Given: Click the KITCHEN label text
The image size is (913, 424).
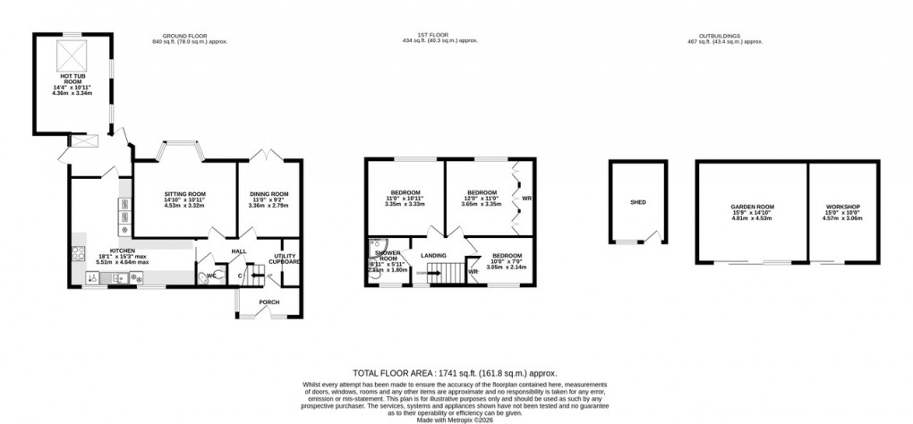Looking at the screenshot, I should [123, 251].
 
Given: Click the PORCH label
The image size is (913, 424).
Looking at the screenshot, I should [269, 302].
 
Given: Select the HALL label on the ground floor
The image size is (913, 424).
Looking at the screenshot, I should [238, 251].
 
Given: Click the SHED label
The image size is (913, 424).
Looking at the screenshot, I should [637, 203].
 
